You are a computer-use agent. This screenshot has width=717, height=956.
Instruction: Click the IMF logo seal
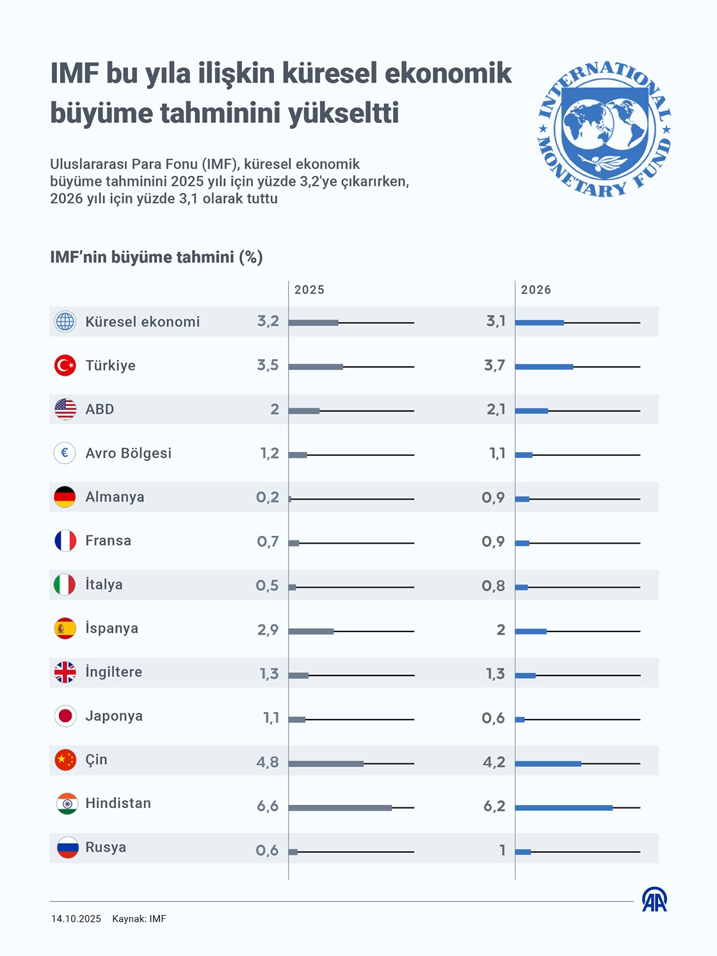tap(604, 129)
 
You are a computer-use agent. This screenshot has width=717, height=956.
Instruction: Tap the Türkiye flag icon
tap(65, 366)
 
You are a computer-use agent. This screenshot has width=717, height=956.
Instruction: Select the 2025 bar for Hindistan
tap(340, 807)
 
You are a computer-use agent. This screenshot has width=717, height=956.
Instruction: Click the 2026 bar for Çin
tap(548, 763)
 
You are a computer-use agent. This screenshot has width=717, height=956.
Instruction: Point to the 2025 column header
tap(309, 290)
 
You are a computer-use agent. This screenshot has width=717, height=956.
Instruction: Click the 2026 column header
tap(536, 290)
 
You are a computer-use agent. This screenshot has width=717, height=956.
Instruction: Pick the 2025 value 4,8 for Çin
tap(268, 762)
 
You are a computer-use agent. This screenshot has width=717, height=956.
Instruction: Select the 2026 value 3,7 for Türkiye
tap(494, 366)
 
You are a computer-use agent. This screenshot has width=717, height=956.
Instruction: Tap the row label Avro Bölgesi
tap(129, 453)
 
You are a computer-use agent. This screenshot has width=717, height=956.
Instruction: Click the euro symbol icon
tap(65, 453)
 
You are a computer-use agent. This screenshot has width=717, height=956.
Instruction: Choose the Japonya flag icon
tap(65, 716)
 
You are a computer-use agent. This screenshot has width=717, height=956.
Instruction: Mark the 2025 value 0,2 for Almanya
tap(268, 498)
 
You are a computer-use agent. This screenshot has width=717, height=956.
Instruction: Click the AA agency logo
tap(654, 900)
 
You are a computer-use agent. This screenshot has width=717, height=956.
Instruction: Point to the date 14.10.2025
tap(76, 919)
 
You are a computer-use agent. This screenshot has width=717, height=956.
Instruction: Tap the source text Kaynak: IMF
tap(139, 919)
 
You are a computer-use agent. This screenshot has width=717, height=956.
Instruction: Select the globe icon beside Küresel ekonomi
tap(65, 321)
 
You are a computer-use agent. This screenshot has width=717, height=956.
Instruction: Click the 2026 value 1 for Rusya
tap(503, 850)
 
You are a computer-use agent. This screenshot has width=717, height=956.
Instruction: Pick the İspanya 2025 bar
tap(311, 631)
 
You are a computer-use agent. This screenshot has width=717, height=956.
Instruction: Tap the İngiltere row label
tap(114, 672)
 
